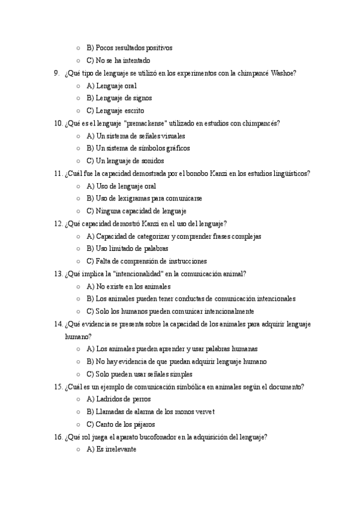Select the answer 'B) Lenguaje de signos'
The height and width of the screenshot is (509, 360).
coord(119,98)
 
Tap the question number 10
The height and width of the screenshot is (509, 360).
coord(58,123)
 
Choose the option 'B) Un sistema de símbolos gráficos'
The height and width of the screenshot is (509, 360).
coord(138,148)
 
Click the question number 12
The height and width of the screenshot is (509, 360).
coord(58,223)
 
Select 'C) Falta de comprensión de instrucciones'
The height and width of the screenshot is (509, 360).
coord(146,261)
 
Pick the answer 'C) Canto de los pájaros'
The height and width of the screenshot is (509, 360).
coord(121,424)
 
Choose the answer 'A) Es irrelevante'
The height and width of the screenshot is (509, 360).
coord(112,450)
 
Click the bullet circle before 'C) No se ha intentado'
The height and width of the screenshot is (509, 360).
coord(79,60)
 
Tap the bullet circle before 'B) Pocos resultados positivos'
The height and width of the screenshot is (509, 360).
coord(79,47)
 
